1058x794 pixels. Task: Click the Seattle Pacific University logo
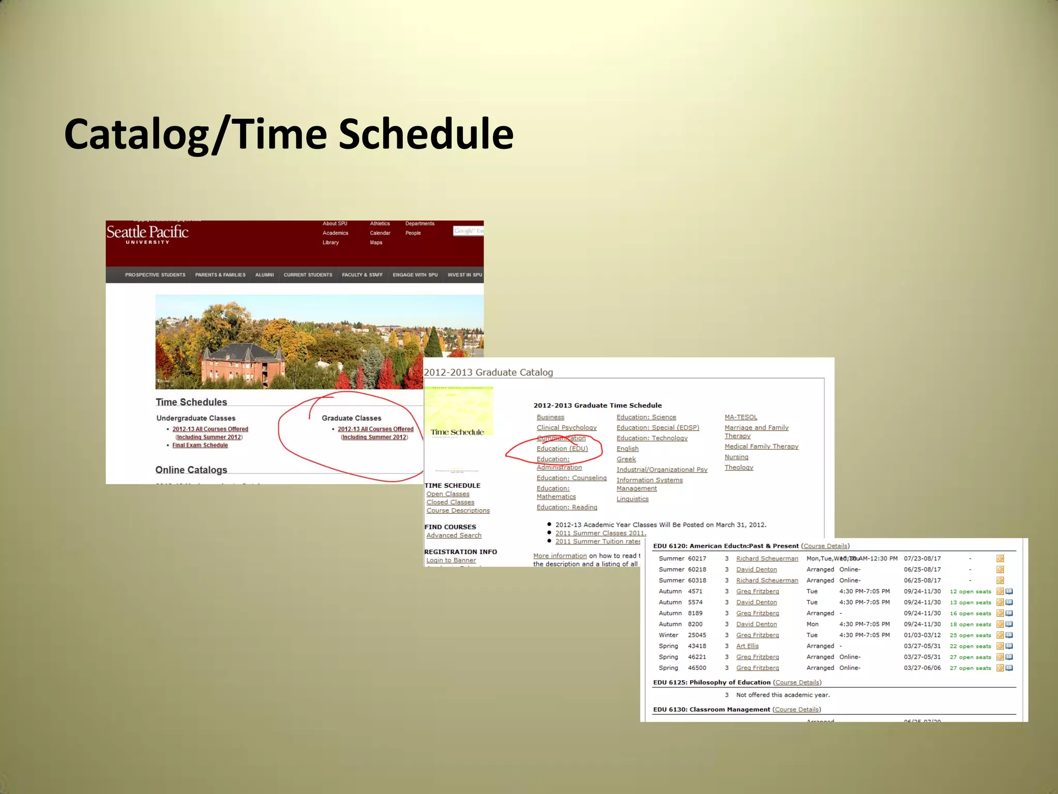147,234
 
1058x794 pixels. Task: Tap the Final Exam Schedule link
200,445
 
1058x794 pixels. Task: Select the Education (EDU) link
562,449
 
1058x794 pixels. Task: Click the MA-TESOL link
741,417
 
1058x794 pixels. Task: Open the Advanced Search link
454,536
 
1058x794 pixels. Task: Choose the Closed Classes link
450,502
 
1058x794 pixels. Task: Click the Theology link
739,467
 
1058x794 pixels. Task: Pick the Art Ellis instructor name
747,646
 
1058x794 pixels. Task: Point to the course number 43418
697,646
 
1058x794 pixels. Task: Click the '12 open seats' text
970,591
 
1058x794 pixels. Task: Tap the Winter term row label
668,635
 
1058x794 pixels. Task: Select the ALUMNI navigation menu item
264,275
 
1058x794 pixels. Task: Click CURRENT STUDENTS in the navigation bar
308,275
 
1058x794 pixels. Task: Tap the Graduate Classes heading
351,418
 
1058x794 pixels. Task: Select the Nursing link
736,457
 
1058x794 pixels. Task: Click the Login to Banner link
451,560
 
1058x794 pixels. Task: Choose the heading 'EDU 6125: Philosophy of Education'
711,682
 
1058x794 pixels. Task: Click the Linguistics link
632,499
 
